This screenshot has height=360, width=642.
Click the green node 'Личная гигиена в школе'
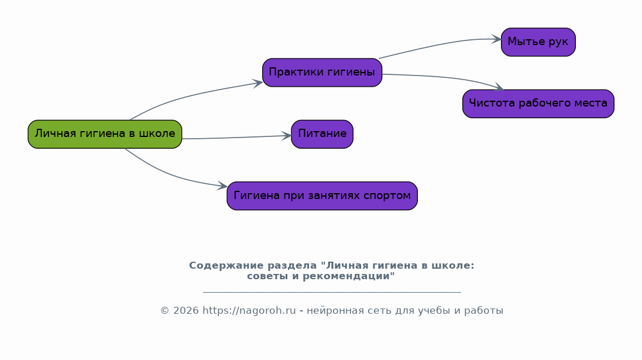(105, 134)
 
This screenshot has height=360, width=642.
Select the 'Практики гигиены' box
(322, 73)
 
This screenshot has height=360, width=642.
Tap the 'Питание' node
(322, 134)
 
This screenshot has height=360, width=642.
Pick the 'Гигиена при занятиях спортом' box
(322, 196)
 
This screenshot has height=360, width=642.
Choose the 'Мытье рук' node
(538, 42)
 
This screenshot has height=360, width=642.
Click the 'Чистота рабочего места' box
(538, 104)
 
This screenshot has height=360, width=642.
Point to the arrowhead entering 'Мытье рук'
(497, 39)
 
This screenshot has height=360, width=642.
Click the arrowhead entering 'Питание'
(287, 136)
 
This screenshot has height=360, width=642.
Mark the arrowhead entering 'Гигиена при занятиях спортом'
(223, 187)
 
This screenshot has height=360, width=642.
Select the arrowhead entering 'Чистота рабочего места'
(499, 88)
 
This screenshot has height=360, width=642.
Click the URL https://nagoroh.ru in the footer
(249, 311)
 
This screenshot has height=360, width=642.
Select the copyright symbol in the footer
(164, 311)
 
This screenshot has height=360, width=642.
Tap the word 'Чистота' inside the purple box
(490, 104)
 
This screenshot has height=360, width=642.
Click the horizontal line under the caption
(332, 291)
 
